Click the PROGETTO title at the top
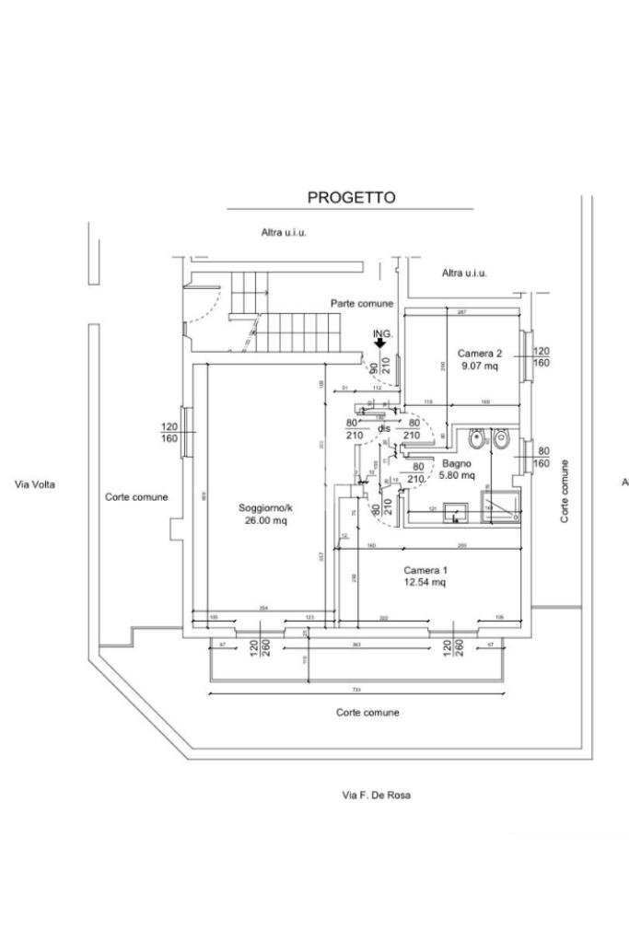[x=351, y=197]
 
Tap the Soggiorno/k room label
[x=265, y=508]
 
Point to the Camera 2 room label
[x=479, y=354]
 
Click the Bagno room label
[x=456, y=464]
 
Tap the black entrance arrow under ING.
[x=379, y=343]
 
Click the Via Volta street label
[x=36, y=483]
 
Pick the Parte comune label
[x=363, y=303]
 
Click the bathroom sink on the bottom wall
[x=454, y=511]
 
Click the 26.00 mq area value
[x=265, y=520]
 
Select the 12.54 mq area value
[x=425, y=582]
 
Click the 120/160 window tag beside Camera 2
[x=541, y=357]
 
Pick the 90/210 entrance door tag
[x=379, y=366]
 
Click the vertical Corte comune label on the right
[x=565, y=492]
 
